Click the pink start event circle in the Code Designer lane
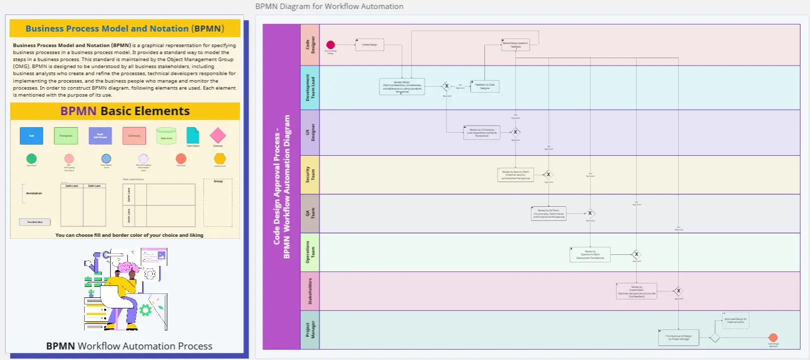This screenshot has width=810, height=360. [x=330, y=45]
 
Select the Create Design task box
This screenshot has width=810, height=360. [x=369, y=45]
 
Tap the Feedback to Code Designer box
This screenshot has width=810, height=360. [x=485, y=86]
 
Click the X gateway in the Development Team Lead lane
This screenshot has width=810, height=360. [x=447, y=86]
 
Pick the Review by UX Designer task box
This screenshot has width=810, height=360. [x=482, y=133]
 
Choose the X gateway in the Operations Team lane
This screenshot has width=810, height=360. [x=636, y=254]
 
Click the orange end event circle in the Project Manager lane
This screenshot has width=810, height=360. [x=773, y=337]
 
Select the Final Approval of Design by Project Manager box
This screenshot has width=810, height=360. [x=678, y=337]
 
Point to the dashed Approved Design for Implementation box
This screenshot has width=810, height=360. [x=735, y=320]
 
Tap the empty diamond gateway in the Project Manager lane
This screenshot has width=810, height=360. [x=714, y=338]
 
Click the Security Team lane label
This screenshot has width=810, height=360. [x=310, y=174]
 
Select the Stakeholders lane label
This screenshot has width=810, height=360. [x=310, y=291]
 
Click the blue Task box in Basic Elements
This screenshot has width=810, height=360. [x=32, y=136]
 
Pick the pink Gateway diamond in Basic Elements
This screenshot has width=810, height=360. [x=218, y=135]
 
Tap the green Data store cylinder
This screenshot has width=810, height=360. [x=166, y=136]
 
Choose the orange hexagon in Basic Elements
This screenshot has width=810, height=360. [x=220, y=159]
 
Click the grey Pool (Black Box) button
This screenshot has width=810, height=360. [x=35, y=222]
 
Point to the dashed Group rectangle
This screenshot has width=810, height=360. [x=218, y=203]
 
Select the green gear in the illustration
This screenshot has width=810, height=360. [x=145, y=310]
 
